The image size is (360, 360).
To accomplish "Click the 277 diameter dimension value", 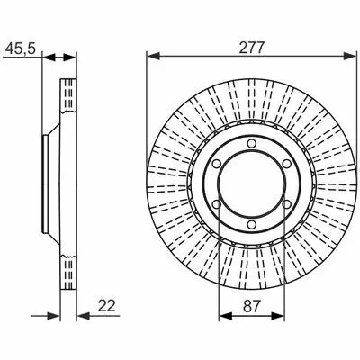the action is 252,48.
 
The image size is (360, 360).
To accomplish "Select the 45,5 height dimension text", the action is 21,49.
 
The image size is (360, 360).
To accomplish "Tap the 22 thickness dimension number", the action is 107,306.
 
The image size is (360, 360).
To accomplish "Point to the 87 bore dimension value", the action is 251,306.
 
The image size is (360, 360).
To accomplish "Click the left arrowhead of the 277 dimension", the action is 153,56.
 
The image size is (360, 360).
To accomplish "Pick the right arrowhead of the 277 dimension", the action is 350,56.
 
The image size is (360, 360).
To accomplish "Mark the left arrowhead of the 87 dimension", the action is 225,316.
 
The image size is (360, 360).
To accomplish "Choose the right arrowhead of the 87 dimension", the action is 277,316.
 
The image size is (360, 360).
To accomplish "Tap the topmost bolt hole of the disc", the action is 252,144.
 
